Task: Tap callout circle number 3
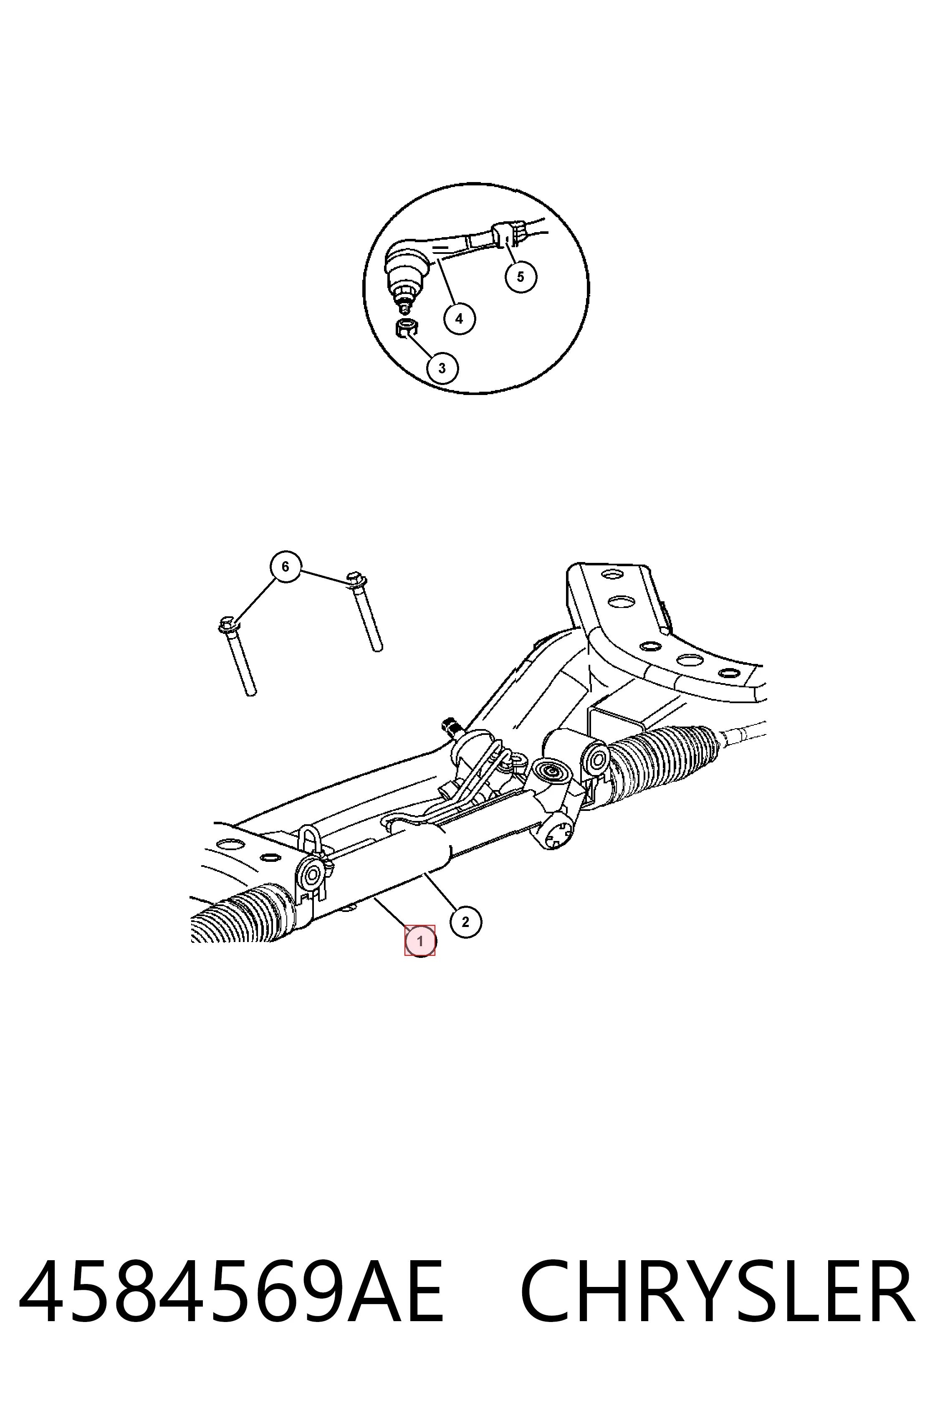click(442, 368)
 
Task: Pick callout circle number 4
click(459, 319)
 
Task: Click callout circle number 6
click(285, 567)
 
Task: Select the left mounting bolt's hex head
click(228, 626)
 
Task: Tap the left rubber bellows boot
click(242, 915)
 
